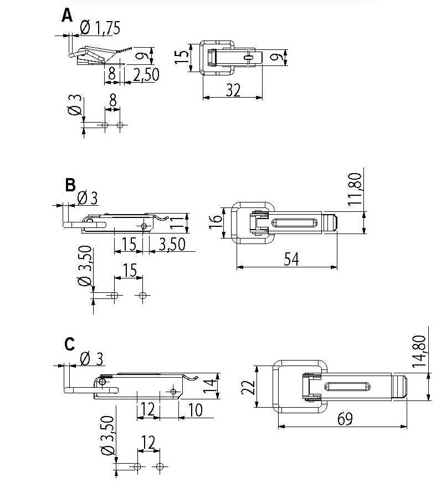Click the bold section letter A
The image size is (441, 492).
click(x=67, y=16)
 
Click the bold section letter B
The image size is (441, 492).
click(x=70, y=185)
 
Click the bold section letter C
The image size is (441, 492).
click(x=70, y=344)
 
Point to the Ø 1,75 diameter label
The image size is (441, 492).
click(x=100, y=28)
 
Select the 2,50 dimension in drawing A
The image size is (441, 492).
click(x=146, y=74)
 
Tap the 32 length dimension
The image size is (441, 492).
click(x=233, y=90)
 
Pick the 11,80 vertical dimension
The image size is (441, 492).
click(x=355, y=189)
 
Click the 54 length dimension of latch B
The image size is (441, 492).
click(x=291, y=259)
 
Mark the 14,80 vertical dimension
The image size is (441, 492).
click(x=419, y=351)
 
